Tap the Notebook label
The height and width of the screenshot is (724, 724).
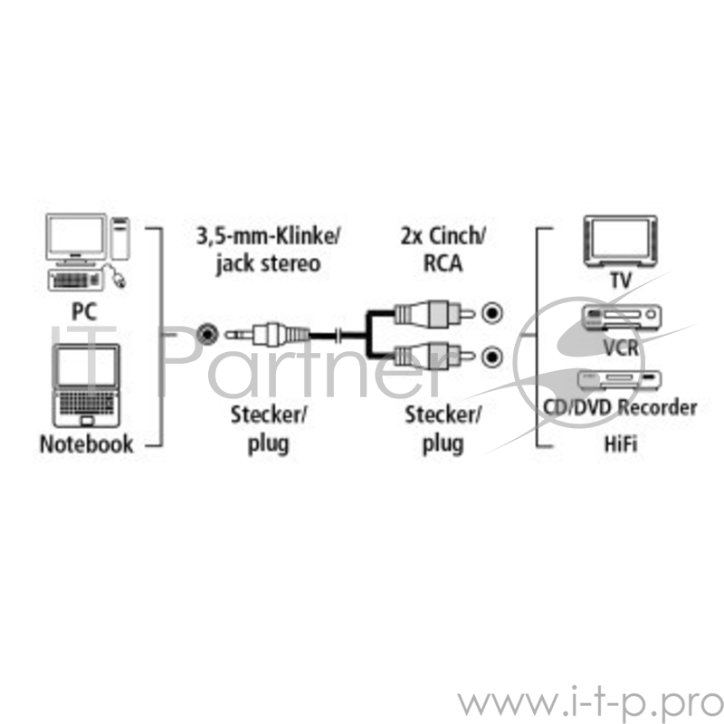[86, 443]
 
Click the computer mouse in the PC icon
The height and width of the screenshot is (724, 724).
[118, 277]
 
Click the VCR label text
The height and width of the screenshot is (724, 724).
[622, 348]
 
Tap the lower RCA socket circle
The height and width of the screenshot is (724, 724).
[491, 357]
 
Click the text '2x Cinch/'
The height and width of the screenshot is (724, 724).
[443, 238]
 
